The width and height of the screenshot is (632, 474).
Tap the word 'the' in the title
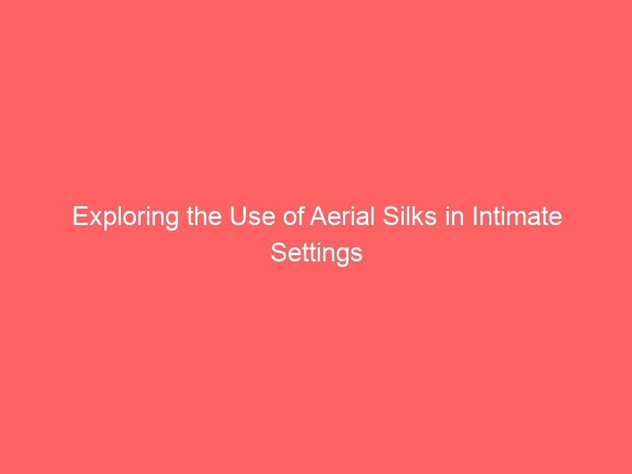click(x=205, y=216)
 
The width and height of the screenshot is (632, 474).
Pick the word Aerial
click(x=342, y=216)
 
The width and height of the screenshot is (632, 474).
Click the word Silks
click(x=409, y=216)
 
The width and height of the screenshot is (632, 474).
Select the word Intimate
click(x=517, y=216)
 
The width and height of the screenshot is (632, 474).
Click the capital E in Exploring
click(x=80, y=216)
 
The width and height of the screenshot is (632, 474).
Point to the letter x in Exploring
click(x=95, y=219)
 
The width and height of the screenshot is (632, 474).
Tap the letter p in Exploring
click(x=111, y=221)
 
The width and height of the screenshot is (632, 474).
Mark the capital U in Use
click(x=239, y=216)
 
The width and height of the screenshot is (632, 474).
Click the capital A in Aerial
click(x=318, y=216)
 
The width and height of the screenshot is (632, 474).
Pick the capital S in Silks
click(x=391, y=216)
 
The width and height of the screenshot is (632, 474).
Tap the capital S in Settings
click(x=279, y=253)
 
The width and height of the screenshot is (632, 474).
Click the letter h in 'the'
click(x=201, y=216)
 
